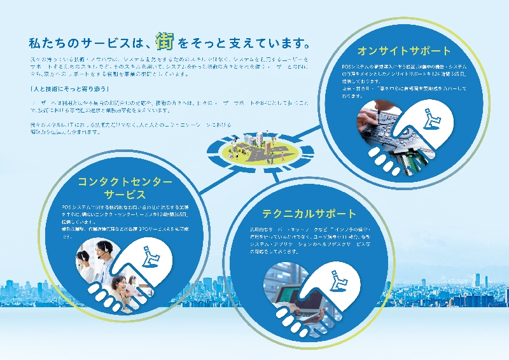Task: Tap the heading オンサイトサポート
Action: (x=404, y=50)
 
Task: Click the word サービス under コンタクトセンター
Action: (x=125, y=194)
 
